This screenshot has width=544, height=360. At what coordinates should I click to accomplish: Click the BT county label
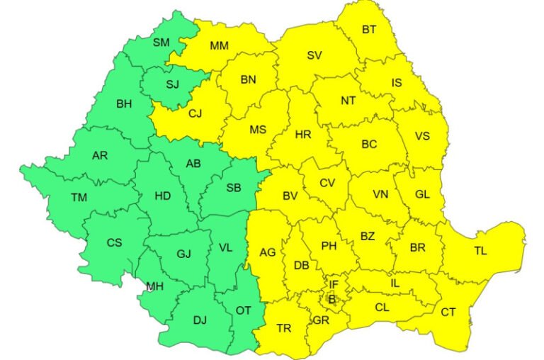click(x=369, y=30)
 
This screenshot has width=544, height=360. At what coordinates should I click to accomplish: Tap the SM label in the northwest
click(x=161, y=43)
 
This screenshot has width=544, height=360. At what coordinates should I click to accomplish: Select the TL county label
click(x=480, y=250)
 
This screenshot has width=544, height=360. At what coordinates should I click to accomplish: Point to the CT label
click(x=448, y=312)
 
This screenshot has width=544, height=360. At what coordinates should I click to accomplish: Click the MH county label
click(x=155, y=286)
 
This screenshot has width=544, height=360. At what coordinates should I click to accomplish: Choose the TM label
click(x=79, y=198)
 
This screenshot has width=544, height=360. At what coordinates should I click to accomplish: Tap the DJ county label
click(x=200, y=320)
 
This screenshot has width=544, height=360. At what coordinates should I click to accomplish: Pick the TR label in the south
click(x=284, y=328)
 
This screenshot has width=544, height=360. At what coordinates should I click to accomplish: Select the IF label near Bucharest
click(x=334, y=285)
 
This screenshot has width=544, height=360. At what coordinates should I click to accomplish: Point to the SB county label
click(x=233, y=188)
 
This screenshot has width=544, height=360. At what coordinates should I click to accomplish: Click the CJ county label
click(x=195, y=112)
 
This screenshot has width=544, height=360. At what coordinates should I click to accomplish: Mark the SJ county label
click(x=173, y=85)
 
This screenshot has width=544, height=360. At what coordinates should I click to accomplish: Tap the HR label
click(x=302, y=134)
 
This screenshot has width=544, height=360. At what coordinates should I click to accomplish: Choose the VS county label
click(x=422, y=136)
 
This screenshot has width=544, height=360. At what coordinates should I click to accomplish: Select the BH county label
click(x=124, y=104)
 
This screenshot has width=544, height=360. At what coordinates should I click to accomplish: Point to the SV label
click(x=314, y=55)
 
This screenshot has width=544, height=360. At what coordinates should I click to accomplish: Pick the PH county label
click(x=329, y=246)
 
